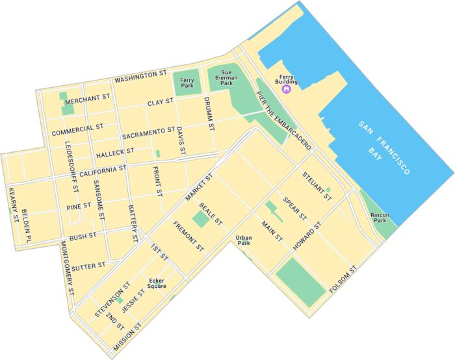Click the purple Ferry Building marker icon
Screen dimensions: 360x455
(285, 89)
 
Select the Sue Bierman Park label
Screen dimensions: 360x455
(226, 79)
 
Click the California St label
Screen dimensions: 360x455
(103, 170)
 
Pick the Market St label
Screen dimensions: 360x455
(200, 186)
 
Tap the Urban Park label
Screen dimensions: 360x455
(244, 240)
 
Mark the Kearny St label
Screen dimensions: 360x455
(12, 204)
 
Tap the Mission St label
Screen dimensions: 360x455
(127, 335)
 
